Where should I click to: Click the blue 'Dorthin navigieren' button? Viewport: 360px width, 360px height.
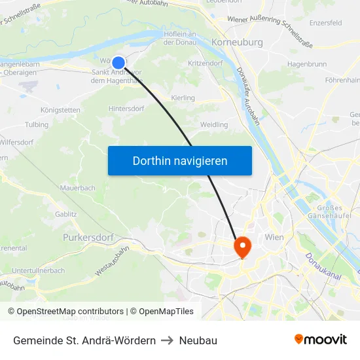pos(179,160)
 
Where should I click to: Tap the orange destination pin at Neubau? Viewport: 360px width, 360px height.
pos(242,246)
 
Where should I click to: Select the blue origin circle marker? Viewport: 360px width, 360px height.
pos(118,62)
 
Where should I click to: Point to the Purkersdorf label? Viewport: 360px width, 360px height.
pos(88,237)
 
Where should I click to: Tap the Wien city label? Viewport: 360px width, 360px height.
pos(274,237)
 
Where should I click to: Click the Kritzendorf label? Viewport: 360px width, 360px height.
pos(205,63)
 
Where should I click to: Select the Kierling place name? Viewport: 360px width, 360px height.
pos(183,98)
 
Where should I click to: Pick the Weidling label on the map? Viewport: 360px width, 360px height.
pos(214,124)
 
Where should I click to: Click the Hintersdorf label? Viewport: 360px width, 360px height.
pos(126,109)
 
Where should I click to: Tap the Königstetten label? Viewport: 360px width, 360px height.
pos(60,110)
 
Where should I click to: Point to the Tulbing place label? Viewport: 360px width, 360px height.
pos(37,124)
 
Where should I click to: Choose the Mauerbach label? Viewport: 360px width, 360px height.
pos(78,188)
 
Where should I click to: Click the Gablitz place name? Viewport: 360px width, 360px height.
pos(65,213)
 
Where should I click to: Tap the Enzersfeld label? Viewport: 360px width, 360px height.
pos(325,23)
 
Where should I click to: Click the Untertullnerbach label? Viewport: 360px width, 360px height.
pos(38,270)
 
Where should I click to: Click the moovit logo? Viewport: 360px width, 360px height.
pos(321,340)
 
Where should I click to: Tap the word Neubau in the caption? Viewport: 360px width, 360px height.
pos(198,340)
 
